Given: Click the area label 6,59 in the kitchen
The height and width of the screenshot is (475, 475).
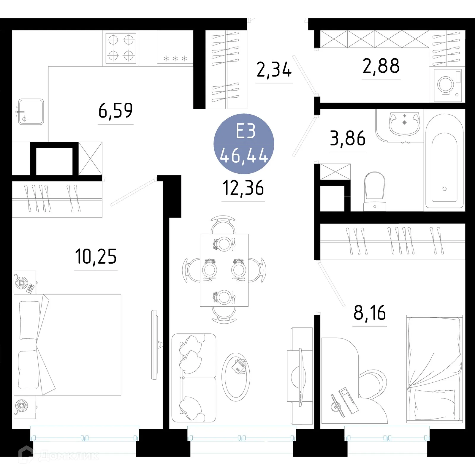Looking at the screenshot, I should tap(115, 110).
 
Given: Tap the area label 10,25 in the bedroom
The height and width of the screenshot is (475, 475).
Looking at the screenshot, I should tap(96, 256).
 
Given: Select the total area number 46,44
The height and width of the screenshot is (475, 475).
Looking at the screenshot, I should tap(244, 156).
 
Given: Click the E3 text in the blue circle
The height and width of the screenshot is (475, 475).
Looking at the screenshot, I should tap(246, 131).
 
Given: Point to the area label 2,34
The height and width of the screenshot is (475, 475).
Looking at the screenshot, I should tap(274, 70).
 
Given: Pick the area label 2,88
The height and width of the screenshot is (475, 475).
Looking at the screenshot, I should tap(381, 66).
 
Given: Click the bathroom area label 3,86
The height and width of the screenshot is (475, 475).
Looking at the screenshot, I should tap(348, 138).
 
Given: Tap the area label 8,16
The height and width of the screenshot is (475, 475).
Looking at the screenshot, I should tap(370, 313).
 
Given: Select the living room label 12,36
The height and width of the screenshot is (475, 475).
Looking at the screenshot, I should tap(243, 188).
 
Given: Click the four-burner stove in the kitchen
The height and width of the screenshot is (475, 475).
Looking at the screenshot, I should tap(121, 47).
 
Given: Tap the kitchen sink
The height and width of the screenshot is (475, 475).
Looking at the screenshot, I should tap(31, 112).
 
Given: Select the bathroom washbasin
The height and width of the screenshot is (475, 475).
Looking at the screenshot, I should tap(404, 124).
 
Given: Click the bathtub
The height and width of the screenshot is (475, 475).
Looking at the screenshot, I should tap(444, 162).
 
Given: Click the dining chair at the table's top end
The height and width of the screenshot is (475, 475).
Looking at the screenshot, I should tap(223, 226).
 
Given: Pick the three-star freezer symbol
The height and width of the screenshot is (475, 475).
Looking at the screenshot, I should tap(175, 58).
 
